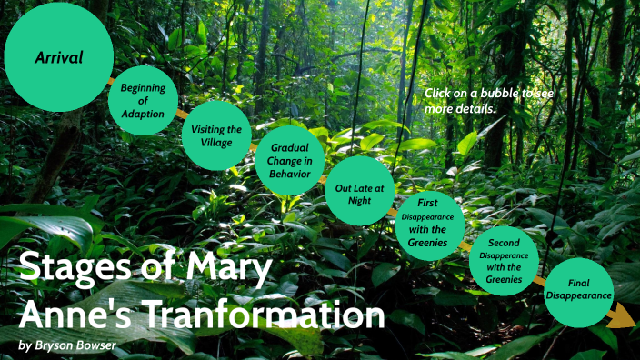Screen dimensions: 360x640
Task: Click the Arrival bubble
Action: pyautogui.click(x=58, y=57)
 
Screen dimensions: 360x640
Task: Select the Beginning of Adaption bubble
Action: pyautogui.click(x=143, y=100)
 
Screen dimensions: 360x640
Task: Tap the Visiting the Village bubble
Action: pyautogui.click(x=216, y=135)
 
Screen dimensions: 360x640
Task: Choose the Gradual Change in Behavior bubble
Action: pyautogui.click(x=289, y=161)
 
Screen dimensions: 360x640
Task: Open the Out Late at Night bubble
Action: pyautogui.click(x=359, y=193)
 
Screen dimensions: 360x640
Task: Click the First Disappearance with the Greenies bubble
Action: pyautogui.click(x=430, y=225)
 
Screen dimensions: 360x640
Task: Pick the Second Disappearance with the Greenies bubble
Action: pyautogui.click(x=504, y=261)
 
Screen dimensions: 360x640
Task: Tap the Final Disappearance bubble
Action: pyautogui.click(x=578, y=292)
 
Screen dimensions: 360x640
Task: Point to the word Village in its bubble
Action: pyautogui.click(x=216, y=143)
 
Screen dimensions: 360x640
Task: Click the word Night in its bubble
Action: pyautogui.click(x=359, y=201)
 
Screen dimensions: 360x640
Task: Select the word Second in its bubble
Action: pyautogui.click(x=504, y=244)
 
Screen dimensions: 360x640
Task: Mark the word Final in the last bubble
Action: pyautogui.click(x=578, y=283)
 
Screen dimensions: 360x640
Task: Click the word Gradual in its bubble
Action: pyautogui.click(x=289, y=147)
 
